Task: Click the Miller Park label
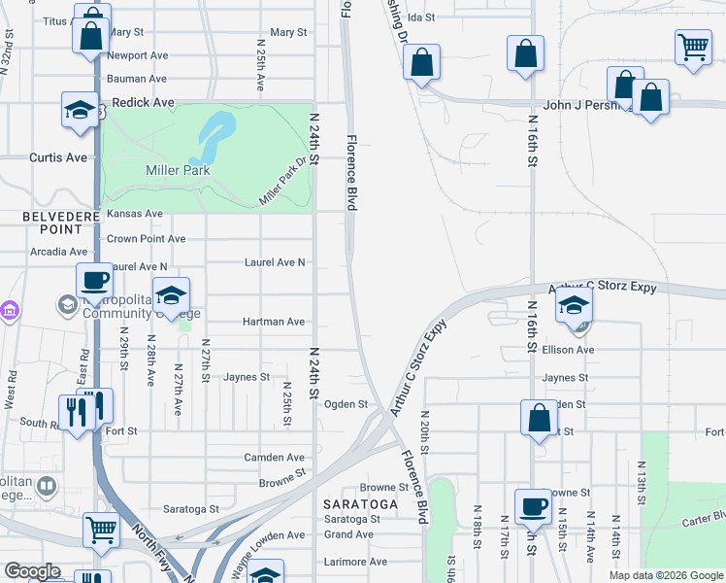178,170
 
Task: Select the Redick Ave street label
143,102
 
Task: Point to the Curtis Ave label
58,157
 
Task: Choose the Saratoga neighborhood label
361,504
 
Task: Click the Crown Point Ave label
146,239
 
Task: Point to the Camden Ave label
274,458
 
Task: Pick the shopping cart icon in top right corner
693,46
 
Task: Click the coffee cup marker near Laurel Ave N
94,281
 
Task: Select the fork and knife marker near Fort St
86,408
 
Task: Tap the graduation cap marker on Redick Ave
80,111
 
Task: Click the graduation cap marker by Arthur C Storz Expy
574,306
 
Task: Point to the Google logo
31,571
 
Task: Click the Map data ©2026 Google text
665,575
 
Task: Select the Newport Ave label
138,56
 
